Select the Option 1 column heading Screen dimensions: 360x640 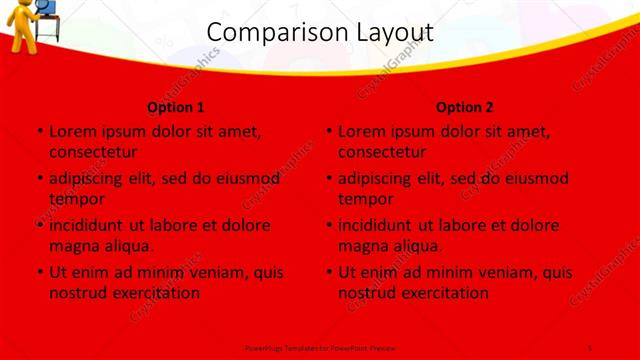176,107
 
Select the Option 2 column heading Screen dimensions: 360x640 465,107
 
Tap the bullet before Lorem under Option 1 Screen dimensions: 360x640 39,131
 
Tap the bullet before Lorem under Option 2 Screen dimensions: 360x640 328,131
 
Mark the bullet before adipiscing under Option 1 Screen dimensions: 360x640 39,179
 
